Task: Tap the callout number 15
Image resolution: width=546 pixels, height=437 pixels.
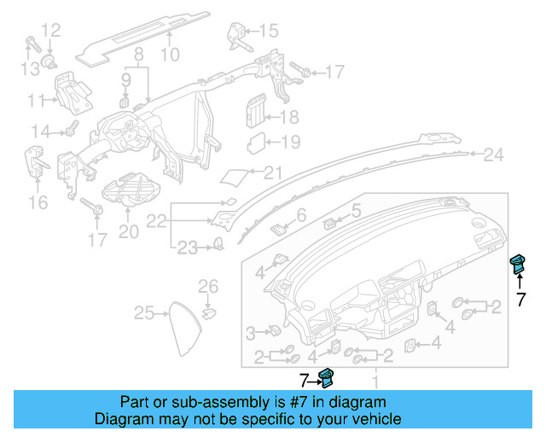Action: [268, 32]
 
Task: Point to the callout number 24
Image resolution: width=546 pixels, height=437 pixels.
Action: [494, 155]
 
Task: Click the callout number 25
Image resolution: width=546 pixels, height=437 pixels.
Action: [144, 313]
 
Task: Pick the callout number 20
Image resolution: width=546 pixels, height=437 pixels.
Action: [128, 230]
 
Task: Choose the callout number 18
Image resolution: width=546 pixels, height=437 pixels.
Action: [289, 118]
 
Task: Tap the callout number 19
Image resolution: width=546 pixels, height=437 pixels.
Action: [290, 143]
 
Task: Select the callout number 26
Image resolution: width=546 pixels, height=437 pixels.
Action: [209, 284]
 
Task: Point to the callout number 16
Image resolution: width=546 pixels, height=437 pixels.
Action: [38, 201]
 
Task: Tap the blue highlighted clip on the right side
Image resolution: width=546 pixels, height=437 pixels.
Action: [517, 264]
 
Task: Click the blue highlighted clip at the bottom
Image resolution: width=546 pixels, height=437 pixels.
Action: [326, 377]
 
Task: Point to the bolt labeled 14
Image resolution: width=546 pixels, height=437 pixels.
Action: [71, 130]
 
